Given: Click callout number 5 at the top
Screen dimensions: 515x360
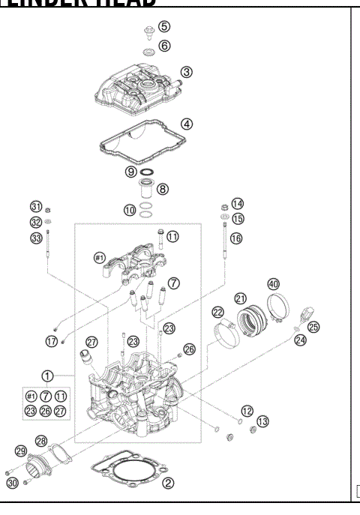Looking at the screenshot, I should (x=164, y=27).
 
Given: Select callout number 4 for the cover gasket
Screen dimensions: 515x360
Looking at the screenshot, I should (x=187, y=123).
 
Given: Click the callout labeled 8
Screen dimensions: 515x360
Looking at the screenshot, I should (x=162, y=189).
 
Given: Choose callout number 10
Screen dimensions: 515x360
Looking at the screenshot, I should (x=130, y=211).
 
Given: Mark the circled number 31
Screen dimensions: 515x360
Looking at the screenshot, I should (x=35, y=208).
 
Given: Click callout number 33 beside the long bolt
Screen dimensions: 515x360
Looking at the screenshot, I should (x=35, y=238).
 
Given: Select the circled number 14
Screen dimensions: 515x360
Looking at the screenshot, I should (x=237, y=204).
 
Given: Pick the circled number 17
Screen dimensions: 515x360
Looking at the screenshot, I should (x=52, y=340).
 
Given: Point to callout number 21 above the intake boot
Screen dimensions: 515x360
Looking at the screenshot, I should (x=241, y=298).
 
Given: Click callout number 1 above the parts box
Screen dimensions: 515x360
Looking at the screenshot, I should (x=48, y=376).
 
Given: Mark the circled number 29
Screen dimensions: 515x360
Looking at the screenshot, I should (x=21, y=451).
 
